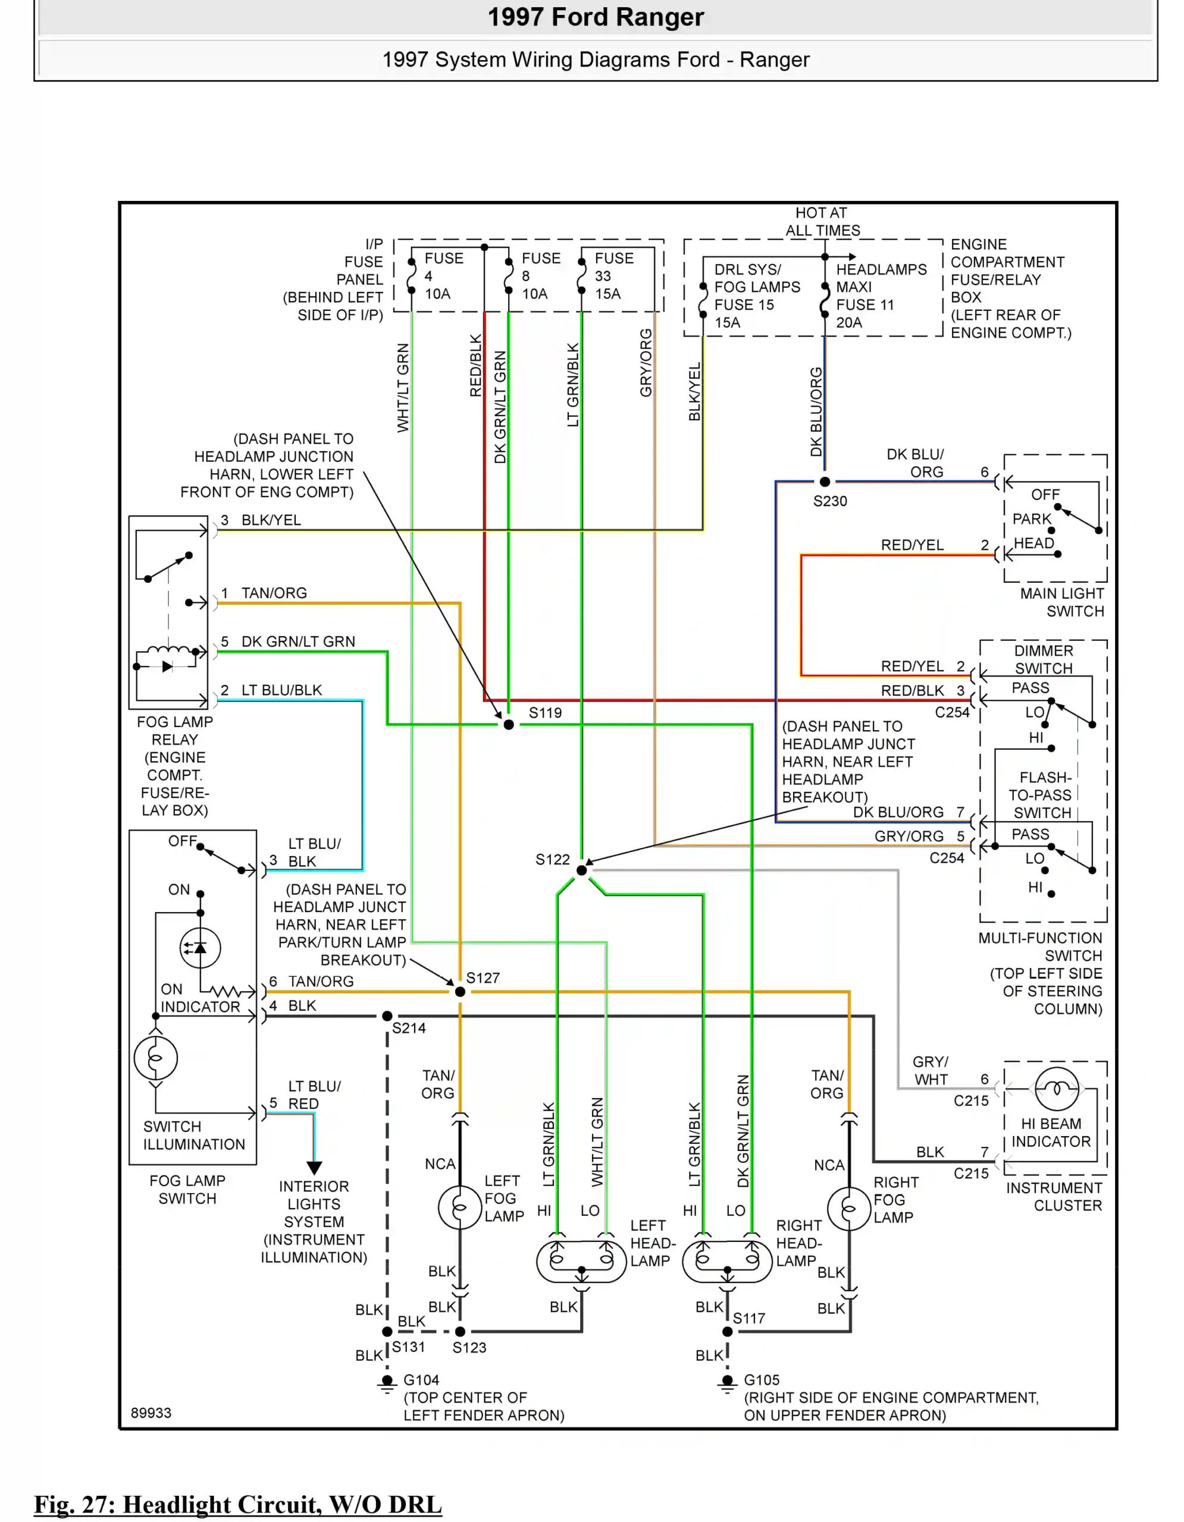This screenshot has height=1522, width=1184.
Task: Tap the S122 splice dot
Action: [581, 870]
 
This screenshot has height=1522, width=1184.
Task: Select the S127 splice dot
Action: [459, 992]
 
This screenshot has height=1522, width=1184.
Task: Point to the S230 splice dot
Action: [825, 482]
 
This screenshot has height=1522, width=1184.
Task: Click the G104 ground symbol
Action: [387, 1382]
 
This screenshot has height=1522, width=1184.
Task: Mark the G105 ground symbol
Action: [727, 1382]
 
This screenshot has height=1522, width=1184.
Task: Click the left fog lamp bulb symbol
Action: [459, 1207]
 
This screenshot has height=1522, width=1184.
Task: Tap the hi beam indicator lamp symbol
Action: [1057, 1089]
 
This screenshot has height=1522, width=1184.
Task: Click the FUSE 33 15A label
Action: [613, 276]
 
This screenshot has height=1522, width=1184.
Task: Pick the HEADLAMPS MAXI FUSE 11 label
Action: [881, 295]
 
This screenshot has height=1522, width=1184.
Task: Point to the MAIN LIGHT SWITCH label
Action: [1061, 602]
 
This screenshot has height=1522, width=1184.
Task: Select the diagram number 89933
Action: [151, 1413]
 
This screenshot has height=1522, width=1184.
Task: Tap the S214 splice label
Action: [409, 1028]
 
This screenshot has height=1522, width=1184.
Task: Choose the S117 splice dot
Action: [727, 1331]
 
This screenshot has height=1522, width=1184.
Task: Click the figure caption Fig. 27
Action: [237, 1504]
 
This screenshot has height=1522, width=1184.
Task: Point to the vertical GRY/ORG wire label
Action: [646, 363]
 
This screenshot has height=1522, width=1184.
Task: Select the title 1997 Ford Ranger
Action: [595, 17]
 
